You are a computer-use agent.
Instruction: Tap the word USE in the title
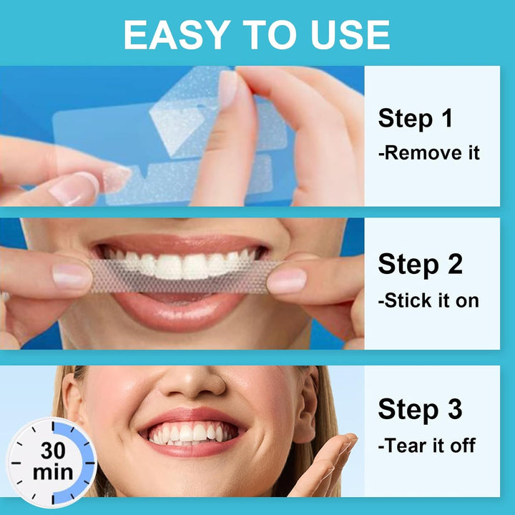click(x=345, y=34)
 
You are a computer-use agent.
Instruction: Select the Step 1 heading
click(x=415, y=118)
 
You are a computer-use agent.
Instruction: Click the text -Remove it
click(x=428, y=152)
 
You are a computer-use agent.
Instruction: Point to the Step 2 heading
click(x=420, y=265)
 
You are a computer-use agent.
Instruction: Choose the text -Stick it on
click(x=428, y=300)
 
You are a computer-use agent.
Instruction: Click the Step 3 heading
click(x=420, y=410)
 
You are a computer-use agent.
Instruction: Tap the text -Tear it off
click(x=426, y=446)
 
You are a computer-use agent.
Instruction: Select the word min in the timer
click(x=51, y=473)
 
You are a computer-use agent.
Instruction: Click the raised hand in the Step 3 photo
click(x=329, y=469)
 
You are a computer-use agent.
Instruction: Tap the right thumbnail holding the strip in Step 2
click(x=288, y=280)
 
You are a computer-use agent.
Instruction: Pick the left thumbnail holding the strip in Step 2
click(x=72, y=275)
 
